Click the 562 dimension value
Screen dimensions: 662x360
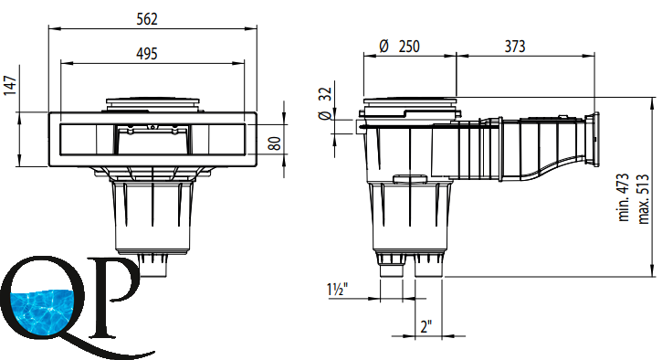point(147,19)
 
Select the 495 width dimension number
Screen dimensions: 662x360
point(147,54)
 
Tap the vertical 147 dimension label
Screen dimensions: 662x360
point(10,85)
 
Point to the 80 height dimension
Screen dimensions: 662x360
point(275,143)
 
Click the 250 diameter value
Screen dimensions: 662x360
point(409,46)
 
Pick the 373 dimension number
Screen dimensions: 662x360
point(515,46)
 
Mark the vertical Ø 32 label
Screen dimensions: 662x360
point(325,103)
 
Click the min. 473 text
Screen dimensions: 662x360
point(624,197)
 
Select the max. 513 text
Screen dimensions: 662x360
point(643,198)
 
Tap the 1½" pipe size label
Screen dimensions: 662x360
point(337,290)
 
